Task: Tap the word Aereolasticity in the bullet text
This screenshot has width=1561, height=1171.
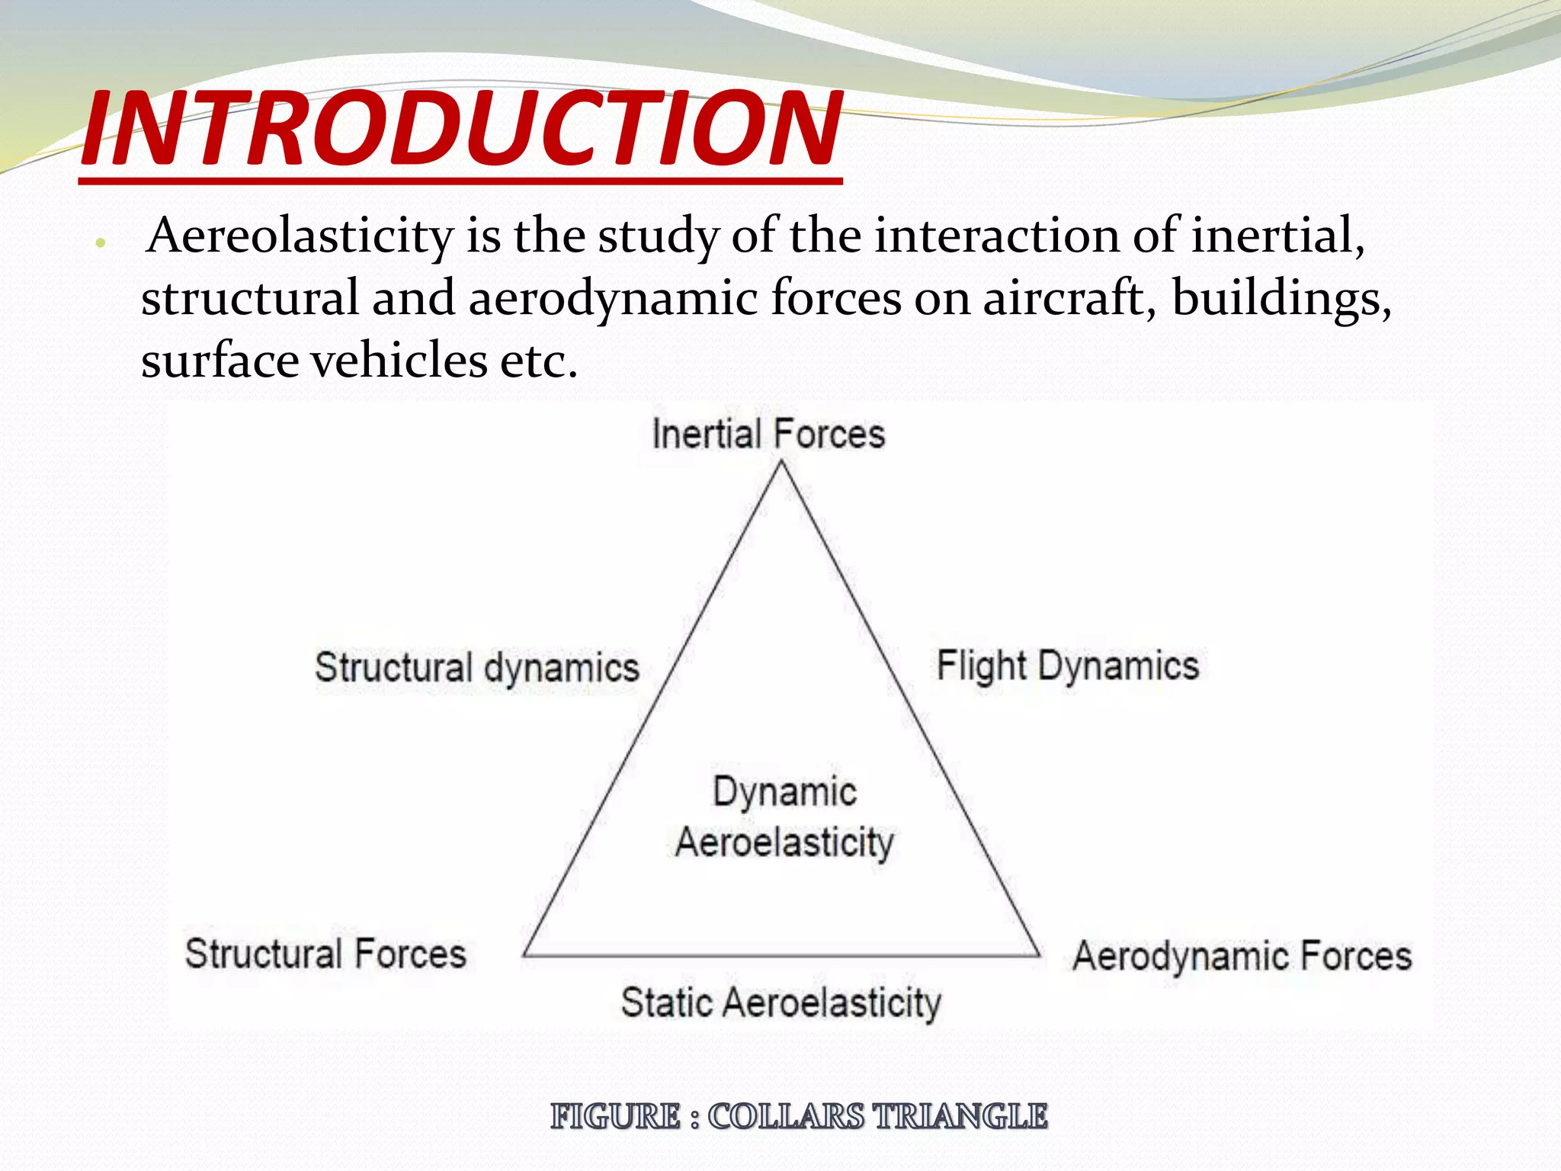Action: (x=300, y=236)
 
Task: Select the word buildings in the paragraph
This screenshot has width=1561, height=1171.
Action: (x=1281, y=297)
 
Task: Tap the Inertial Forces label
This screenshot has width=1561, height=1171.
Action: (x=768, y=435)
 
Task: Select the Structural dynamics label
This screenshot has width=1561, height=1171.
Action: (x=477, y=668)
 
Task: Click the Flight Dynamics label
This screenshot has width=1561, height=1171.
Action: (x=1067, y=666)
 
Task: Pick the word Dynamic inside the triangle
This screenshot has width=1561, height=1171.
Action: (x=784, y=791)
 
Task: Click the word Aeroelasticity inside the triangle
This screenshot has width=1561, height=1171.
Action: (x=784, y=843)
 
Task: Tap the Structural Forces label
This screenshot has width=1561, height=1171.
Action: (x=325, y=954)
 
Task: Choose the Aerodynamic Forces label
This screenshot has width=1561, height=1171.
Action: (x=1242, y=956)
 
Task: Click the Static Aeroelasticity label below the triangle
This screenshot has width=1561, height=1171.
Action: (x=781, y=1003)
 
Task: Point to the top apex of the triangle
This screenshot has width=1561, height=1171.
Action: (x=781, y=464)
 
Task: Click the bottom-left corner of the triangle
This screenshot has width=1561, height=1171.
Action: (x=524, y=954)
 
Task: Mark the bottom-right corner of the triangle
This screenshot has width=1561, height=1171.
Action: (x=1039, y=954)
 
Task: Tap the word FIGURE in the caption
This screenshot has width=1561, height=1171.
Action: (x=615, y=1117)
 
